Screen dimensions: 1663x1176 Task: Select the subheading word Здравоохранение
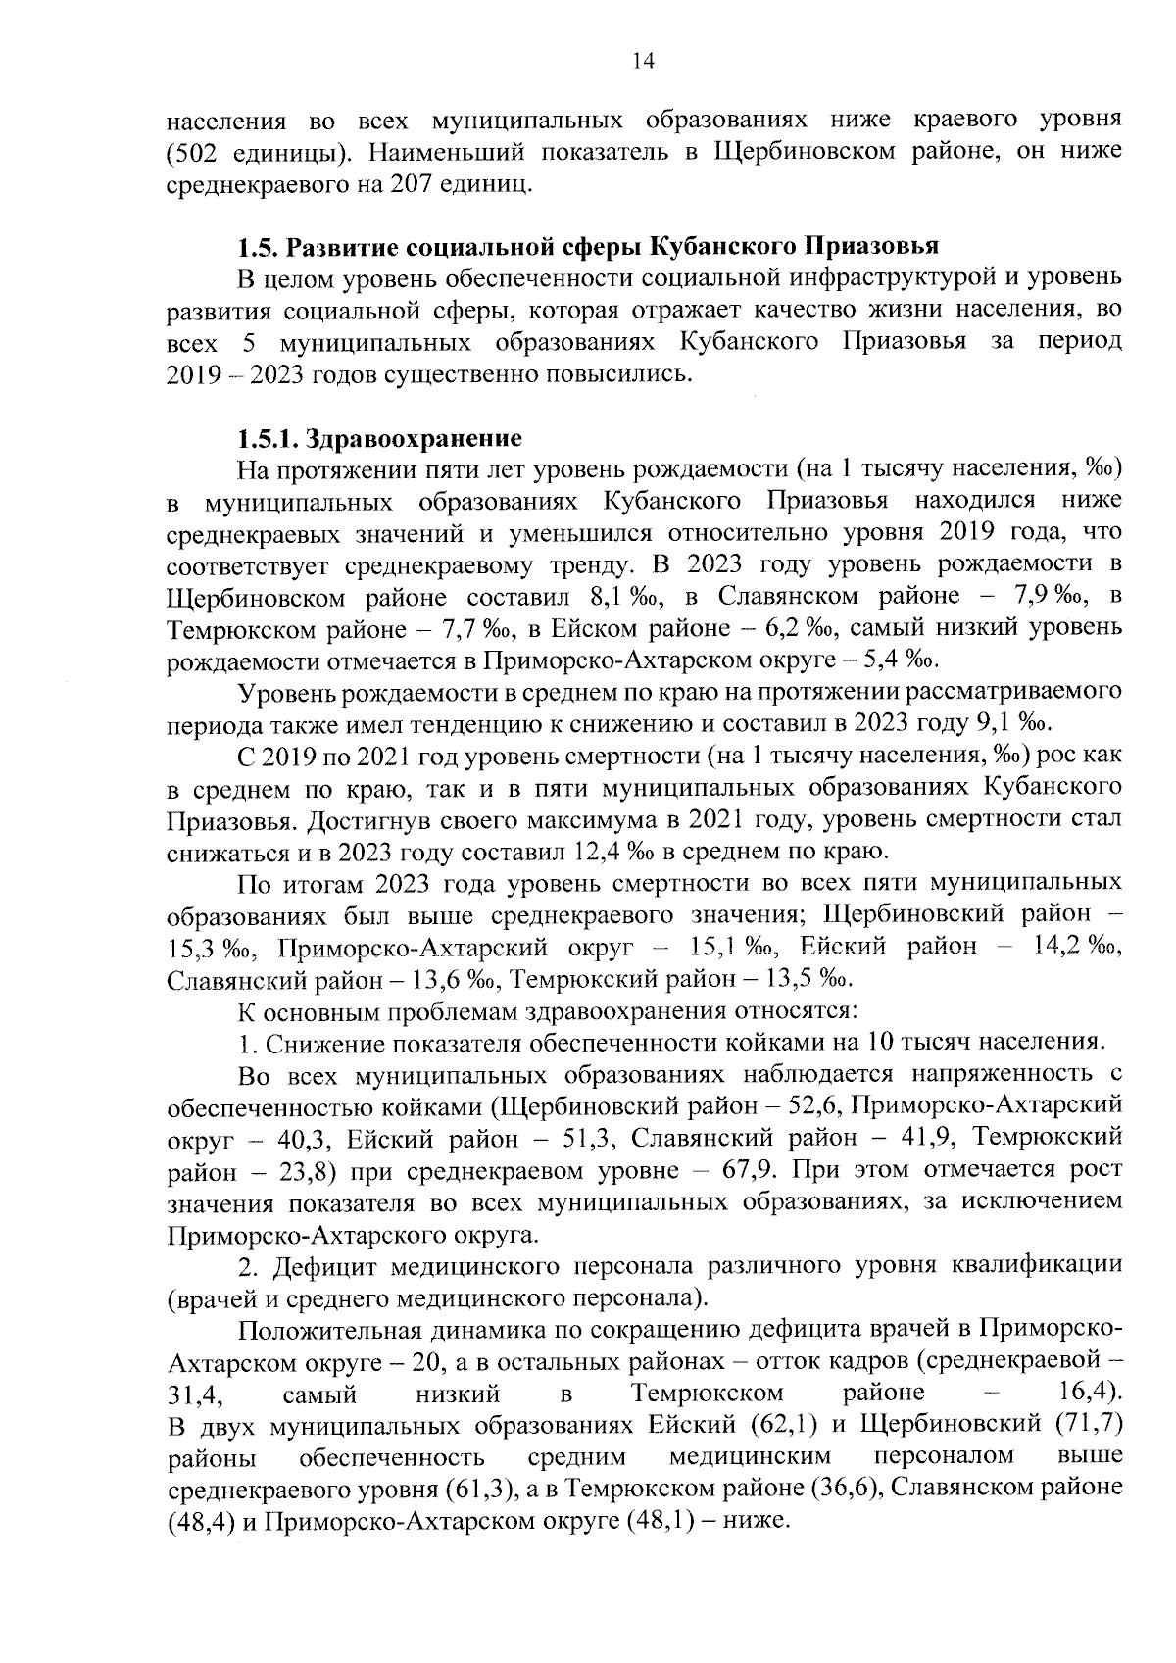click(x=416, y=437)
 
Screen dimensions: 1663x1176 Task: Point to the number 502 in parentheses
click(x=195, y=153)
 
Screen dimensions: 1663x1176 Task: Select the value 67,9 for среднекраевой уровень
click(x=751, y=1170)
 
